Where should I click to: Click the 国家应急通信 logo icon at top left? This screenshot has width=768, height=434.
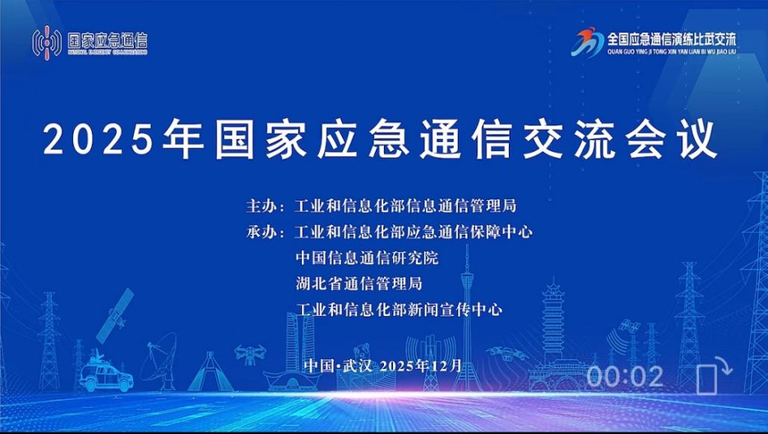pyautogui.click(x=48, y=41)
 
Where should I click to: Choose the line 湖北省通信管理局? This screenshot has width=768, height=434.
pyautogui.click(x=359, y=284)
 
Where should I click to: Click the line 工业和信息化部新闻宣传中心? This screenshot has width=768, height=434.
pyautogui.click(x=399, y=310)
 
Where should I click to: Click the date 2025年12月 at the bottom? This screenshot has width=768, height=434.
pyautogui.click(x=421, y=365)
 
